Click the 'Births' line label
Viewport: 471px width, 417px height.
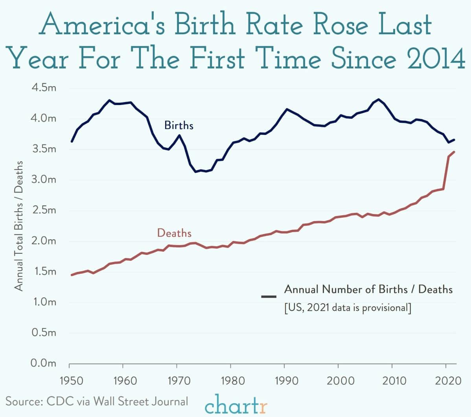click(x=179, y=125)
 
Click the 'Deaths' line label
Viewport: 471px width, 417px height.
click(x=174, y=233)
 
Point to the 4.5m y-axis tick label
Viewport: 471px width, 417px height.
click(x=43, y=87)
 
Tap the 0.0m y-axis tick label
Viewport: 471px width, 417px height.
click(x=43, y=363)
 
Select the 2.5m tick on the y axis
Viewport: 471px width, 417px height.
click(x=43, y=210)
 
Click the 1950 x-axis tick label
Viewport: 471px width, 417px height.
click(x=69, y=381)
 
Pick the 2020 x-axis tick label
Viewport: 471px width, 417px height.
click(x=446, y=381)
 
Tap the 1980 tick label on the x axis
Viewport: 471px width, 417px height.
click(x=231, y=381)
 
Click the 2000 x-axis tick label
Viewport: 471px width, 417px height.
click(x=339, y=381)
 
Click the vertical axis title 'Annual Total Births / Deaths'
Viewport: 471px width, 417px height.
click(x=19, y=226)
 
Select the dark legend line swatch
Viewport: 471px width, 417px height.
click(x=269, y=296)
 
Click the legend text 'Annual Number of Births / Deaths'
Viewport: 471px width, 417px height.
click(x=368, y=290)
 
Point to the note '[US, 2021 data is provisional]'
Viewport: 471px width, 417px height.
click(x=348, y=308)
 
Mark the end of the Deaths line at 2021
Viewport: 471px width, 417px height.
click(x=454, y=152)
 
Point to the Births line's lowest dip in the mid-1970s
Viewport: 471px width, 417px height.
click(x=195, y=172)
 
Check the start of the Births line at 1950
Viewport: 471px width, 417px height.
click(x=72, y=141)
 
